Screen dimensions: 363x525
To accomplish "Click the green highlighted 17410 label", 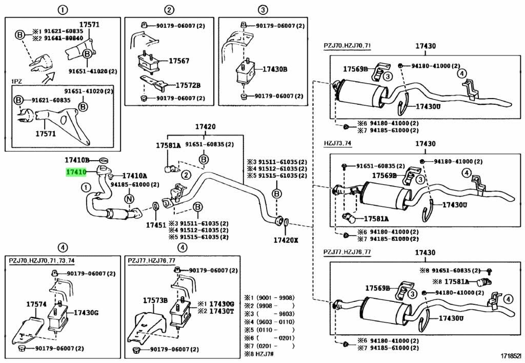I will (x=75, y=172).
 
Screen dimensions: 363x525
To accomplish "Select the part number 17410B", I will (x=77, y=160).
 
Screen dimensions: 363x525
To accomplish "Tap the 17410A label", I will (x=134, y=176).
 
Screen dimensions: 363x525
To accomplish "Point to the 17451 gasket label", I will (x=155, y=224).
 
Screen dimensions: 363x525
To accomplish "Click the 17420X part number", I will (x=285, y=239).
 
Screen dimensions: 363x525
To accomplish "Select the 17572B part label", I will (x=188, y=85).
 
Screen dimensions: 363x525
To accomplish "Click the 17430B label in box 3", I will (x=275, y=69).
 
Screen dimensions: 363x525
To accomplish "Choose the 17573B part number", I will (x=155, y=300).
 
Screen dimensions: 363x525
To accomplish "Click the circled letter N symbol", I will (x=129, y=199).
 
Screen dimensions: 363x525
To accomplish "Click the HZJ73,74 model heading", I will (x=338, y=144).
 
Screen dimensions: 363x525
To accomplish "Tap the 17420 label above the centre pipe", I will (x=205, y=127).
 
